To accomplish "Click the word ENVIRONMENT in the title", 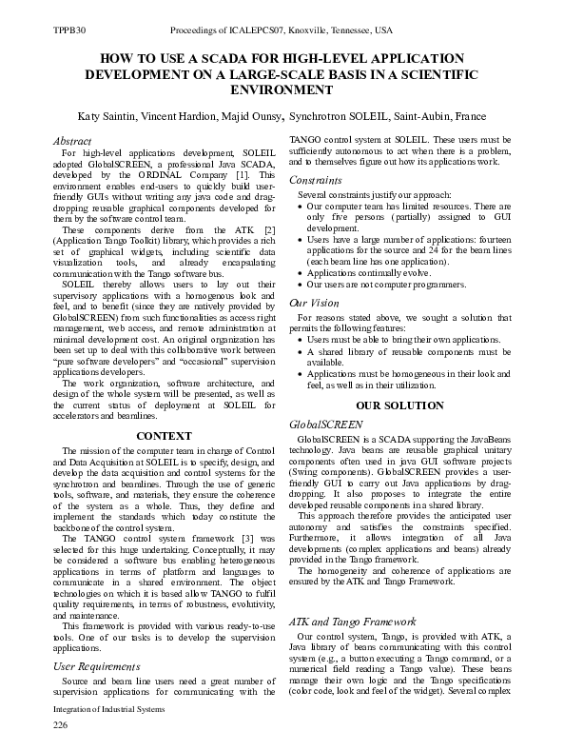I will [282, 89].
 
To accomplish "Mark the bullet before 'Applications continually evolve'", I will [301, 270].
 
